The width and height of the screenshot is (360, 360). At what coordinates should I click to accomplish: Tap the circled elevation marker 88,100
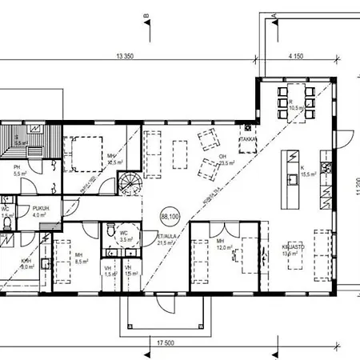(x=170, y=215)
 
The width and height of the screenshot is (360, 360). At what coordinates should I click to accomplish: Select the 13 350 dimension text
(x=125, y=56)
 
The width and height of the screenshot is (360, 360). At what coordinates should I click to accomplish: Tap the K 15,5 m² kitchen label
(x=305, y=171)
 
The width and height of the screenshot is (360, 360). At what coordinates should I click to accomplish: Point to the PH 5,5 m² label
(x=18, y=170)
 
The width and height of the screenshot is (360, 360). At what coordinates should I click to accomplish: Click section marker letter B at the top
(x=146, y=16)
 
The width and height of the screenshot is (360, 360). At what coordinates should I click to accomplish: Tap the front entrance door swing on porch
(x=163, y=302)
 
